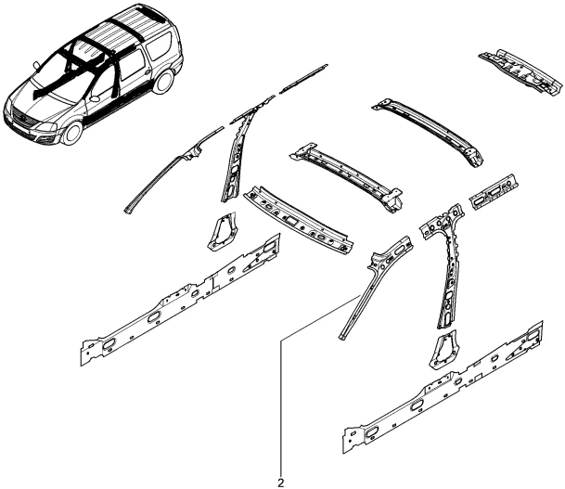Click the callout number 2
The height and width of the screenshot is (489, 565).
[x=281, y=483]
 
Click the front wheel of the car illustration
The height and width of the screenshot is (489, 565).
[x=72, y=132]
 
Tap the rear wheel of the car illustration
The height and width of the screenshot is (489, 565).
[x=163, y=82]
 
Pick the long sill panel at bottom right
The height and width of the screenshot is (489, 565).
[x=443, y=387]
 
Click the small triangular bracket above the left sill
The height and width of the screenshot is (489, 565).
[x=222, y=231]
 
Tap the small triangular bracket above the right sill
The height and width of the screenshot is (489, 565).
[x=443, y=350]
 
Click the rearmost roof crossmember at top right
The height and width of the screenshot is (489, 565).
[x=520, y=72]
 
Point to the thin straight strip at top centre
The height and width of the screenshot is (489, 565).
[x=303, y=78]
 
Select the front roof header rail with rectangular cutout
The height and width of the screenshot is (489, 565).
[x=298, y=220]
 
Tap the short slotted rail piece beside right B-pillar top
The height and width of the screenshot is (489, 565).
[x=494, y=192]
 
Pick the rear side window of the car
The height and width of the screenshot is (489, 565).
[x=159, y=47]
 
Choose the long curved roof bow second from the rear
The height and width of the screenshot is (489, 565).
[x=428, y=133]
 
